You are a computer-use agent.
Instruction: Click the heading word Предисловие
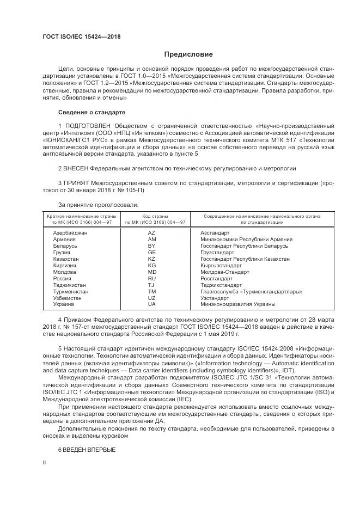click(x=189, y=54)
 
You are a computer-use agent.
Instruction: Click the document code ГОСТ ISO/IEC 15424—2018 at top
click(x=81, y=36)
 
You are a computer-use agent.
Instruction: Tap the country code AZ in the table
click(x=151, y=233)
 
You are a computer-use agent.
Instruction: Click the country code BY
click(x=151, y=246)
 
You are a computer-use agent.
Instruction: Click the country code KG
click(x=151, y=266)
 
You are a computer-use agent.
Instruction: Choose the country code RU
click(x=151, y=279)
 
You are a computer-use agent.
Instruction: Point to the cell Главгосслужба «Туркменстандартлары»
click(x=251, y=292)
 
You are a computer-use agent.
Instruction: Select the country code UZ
click(x=151, y=298)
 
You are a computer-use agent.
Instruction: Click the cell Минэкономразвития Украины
click(x=237, y=304)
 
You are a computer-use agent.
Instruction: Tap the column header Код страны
click(x=155, y=216)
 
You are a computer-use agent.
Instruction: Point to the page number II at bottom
click(x=45, y=463)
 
